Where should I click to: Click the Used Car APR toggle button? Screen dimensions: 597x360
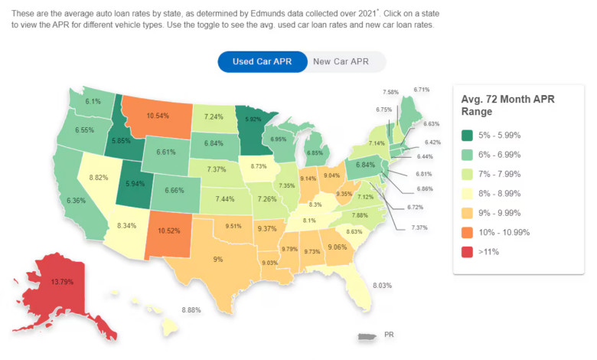(x=263, y=62)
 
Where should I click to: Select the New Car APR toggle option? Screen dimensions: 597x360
(x=341, y=62)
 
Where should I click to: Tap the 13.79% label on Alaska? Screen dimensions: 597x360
(x=62, y=282)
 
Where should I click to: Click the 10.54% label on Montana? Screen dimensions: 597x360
(x=158, y=116)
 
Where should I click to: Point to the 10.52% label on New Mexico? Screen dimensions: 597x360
(x=168, y=231)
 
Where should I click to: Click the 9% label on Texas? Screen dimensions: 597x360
(x=218, y=260)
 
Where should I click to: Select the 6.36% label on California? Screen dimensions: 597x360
(x=76, y=201)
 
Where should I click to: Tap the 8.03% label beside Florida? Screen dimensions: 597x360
(x=382, y=286)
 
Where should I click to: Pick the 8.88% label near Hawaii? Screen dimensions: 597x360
(x=191, y=310)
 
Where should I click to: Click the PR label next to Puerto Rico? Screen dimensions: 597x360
(x=389, y=335)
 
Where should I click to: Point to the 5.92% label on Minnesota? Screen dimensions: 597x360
(x=253, y=119)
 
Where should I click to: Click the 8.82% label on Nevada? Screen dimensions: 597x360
(x=99, y=178)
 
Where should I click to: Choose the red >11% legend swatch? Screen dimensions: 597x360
(x=467, y=252)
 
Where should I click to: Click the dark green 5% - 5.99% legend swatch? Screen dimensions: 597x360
(x=467, y=136)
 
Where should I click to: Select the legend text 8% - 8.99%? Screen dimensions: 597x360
(x=500, y=194)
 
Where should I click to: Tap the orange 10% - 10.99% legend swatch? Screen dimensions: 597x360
(x=467, y=232)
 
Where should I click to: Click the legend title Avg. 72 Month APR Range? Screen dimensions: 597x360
(x=508, y=105)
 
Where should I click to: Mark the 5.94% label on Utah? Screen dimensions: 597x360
(x=135, y=184)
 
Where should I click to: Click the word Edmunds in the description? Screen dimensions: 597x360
(x=266, y=14)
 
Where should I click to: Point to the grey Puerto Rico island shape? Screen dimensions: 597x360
(x=367, y=336)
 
